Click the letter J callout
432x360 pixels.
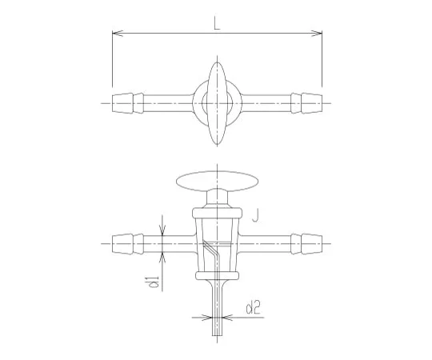click(x=254, y=214)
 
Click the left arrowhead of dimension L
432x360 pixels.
click(x=115, y=34)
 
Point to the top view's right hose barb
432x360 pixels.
click(x=308, y=102)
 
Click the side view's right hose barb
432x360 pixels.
click(x=308, y=239)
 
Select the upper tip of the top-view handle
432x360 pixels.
click(x=216, y=66)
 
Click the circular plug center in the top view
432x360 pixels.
click(x=216, y=102)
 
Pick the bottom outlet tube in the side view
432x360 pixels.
click(x=216, y=308)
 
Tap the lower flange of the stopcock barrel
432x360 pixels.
click(x=216, y=277)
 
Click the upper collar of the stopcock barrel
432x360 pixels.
click(x=216, y=212)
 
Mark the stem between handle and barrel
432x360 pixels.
click(x=216, y=198)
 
